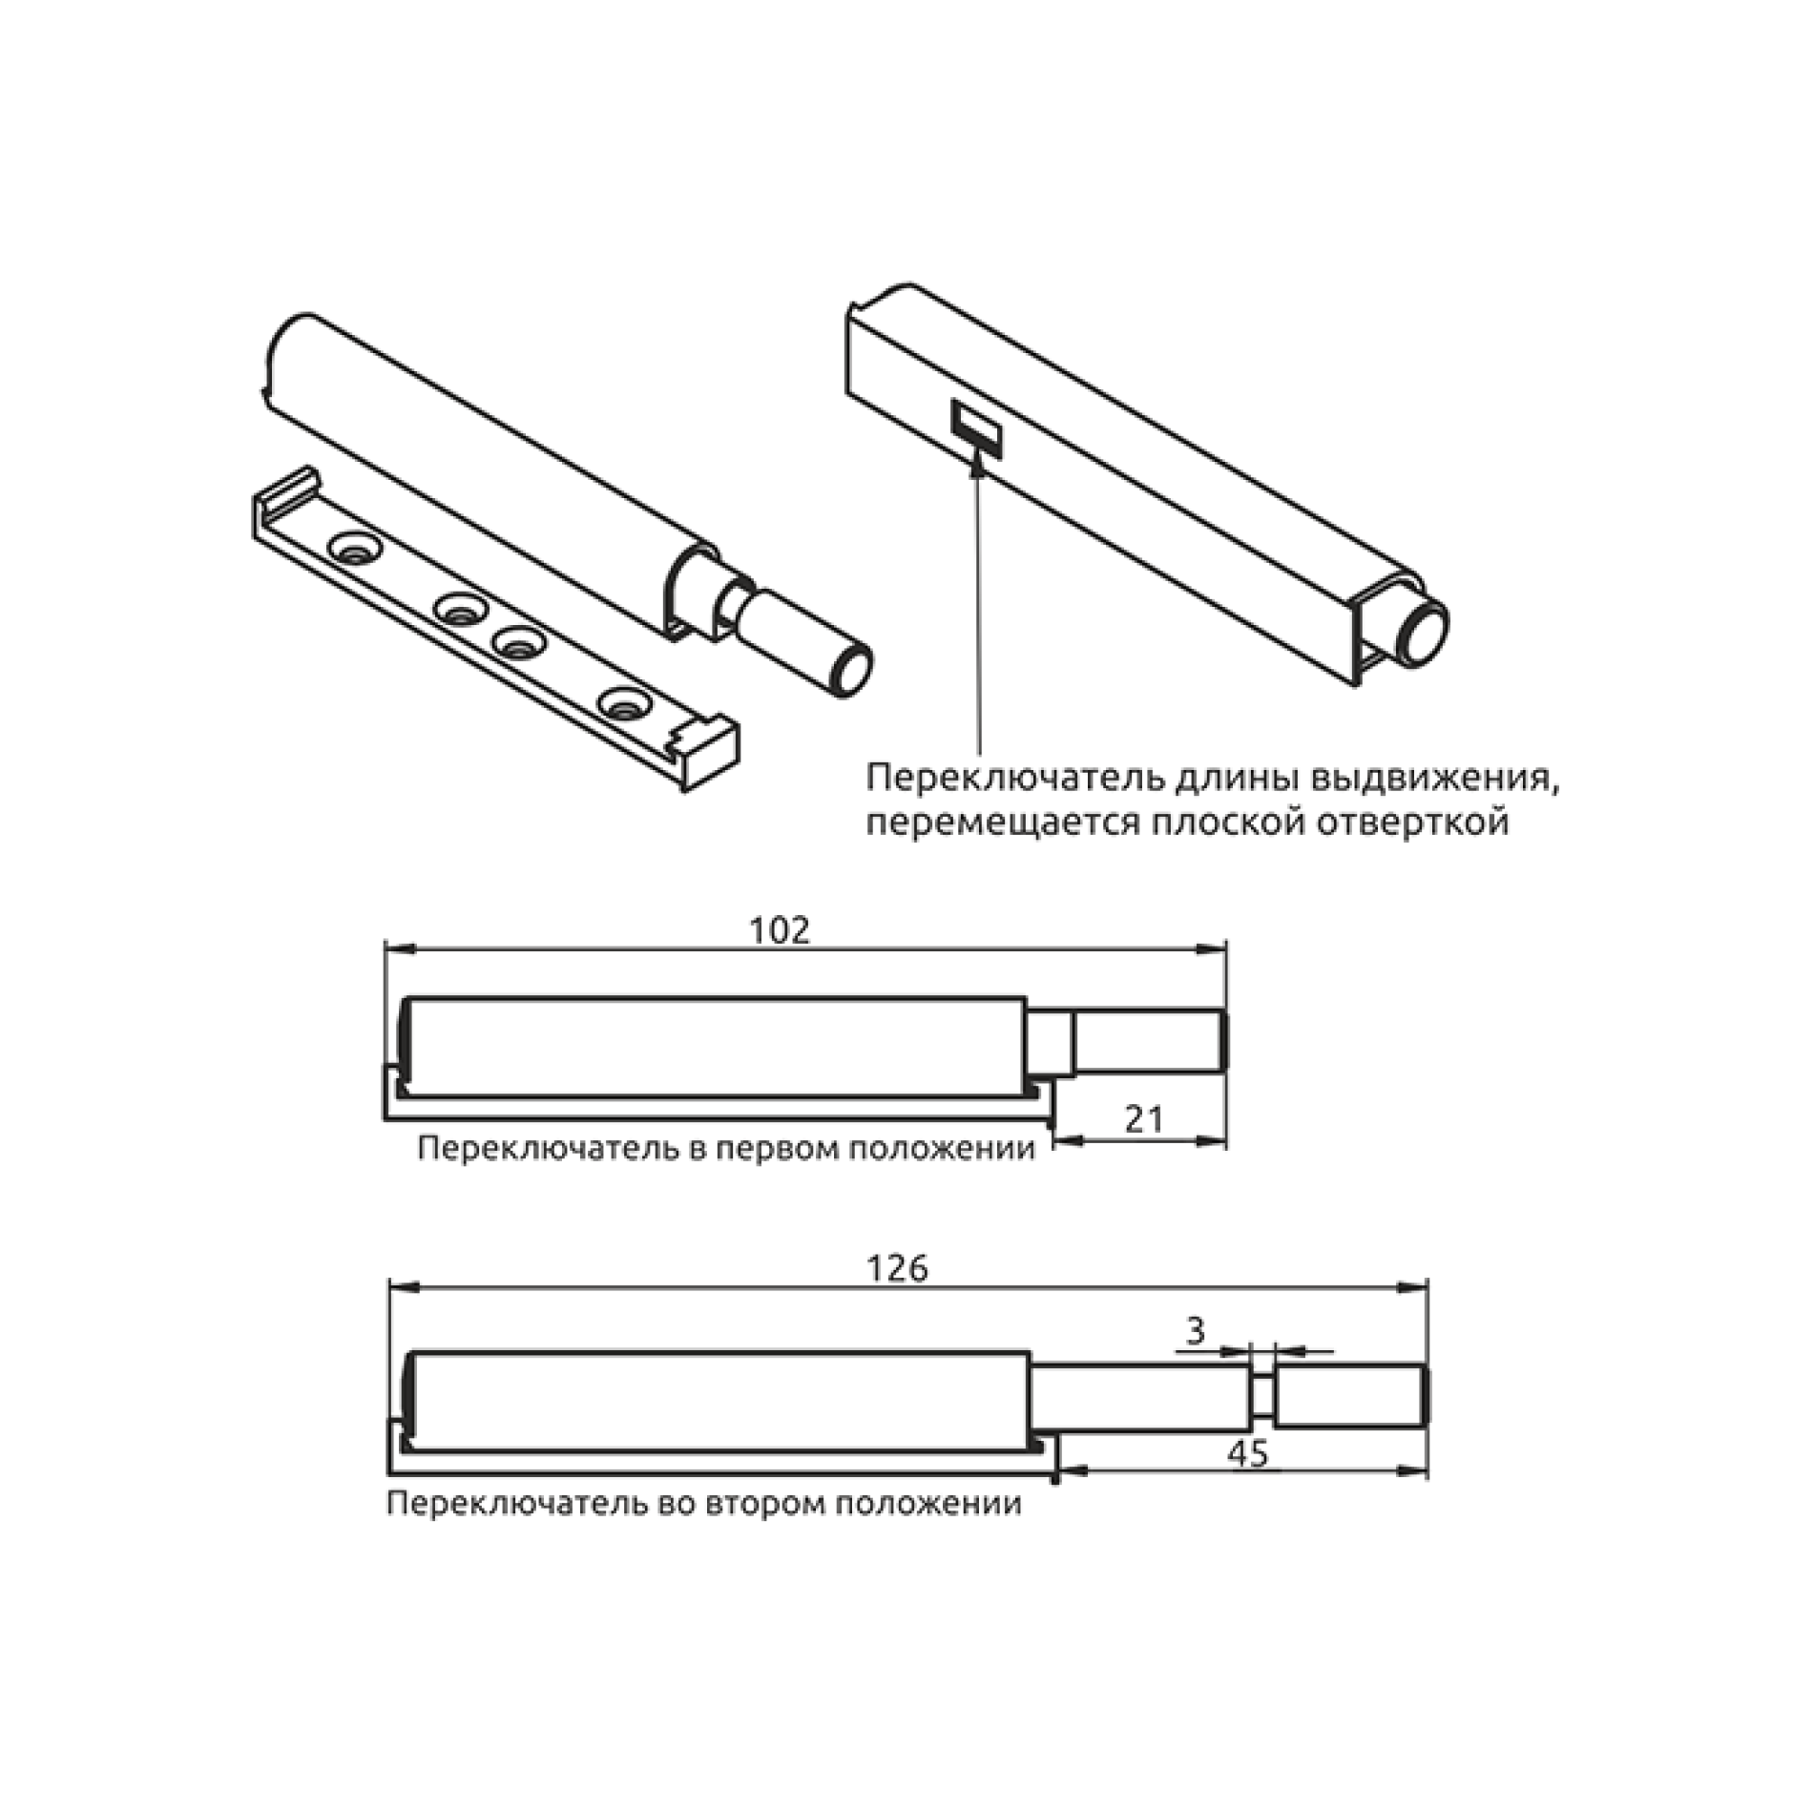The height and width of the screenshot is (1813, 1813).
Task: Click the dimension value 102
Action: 780,930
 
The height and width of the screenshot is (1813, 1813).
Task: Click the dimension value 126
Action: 897,1268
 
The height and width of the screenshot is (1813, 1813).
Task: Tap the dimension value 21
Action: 1144,1118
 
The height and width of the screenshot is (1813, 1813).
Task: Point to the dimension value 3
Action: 1196,1330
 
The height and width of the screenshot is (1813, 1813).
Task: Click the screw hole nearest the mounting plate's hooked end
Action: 354,549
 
